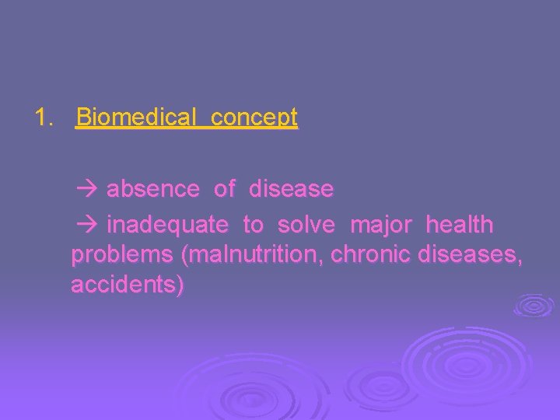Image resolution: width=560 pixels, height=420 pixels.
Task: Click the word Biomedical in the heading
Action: tap(138, 118)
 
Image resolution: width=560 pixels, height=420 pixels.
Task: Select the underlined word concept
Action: tap(254, 118)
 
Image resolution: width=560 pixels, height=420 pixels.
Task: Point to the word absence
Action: tap(152, 189)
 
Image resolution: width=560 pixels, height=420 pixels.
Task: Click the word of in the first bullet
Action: tap(225, 189)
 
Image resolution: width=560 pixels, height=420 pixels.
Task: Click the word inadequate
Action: tap(167, 226)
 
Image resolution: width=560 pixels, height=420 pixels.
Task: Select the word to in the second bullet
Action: tap(253, 226)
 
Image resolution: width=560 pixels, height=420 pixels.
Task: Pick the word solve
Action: tap(306, 226)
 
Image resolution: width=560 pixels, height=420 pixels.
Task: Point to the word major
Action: tap(381, 226)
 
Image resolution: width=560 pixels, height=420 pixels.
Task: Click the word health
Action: tap(460, 226)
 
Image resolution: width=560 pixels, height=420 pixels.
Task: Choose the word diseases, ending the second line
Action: tap(471, 255)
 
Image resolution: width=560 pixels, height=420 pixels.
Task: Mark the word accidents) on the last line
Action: tap(128, 285)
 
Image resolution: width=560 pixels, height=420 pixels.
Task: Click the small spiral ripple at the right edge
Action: tap(534, 305)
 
